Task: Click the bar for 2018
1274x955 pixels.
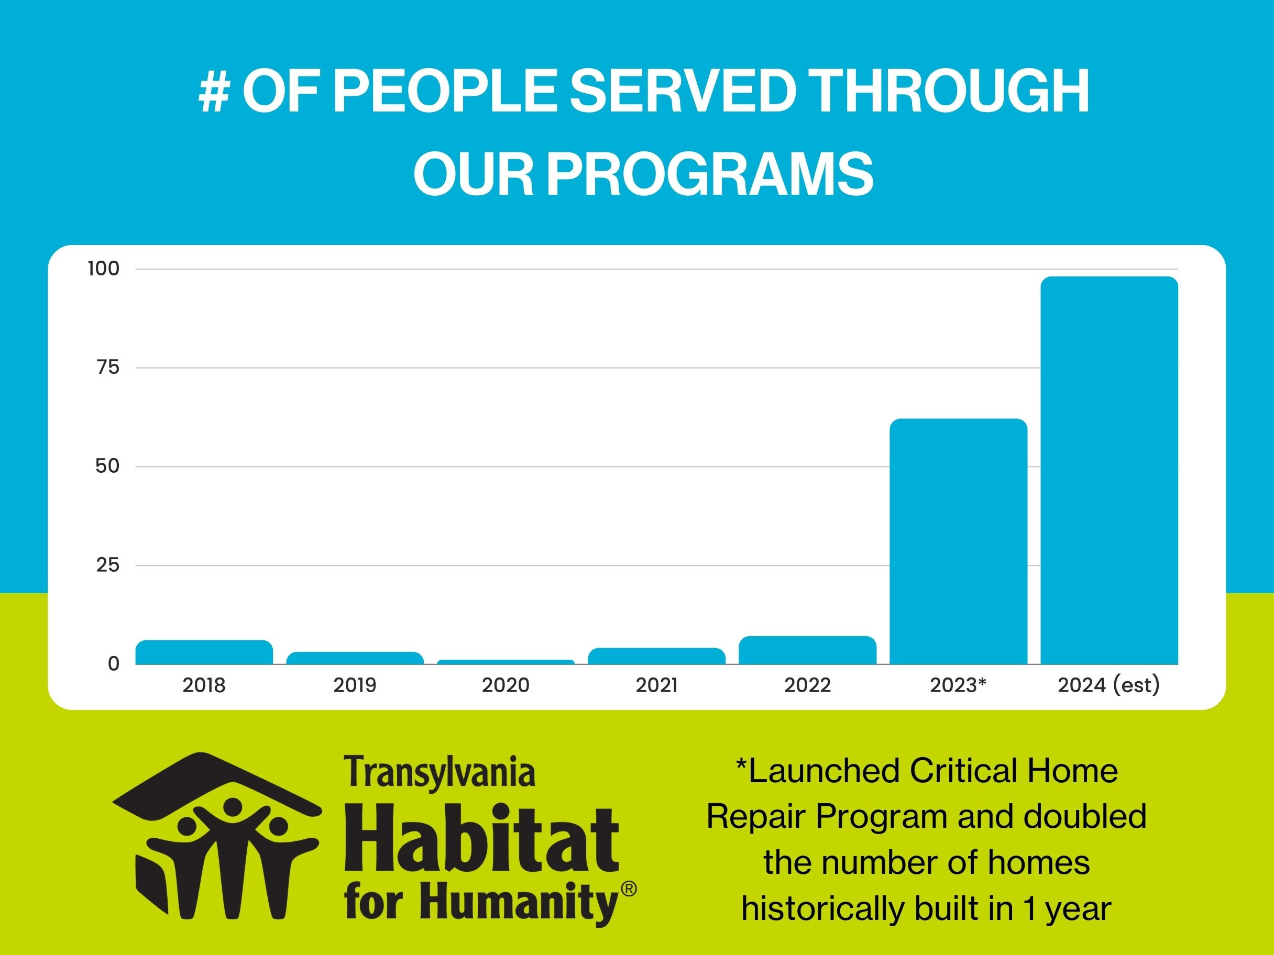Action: [204, 652]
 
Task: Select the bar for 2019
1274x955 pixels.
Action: [355, 658]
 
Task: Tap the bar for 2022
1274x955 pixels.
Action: [807, 650]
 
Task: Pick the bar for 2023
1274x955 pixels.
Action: [958, 541]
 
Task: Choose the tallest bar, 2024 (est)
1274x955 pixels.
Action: [1110, 470]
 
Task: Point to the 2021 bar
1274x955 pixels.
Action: [656, 656]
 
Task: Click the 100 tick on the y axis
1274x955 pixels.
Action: [104, 269]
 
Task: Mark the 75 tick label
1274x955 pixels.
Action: [108, 367]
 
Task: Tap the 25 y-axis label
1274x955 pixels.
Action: [108, 565]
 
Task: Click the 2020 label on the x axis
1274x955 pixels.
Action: [506, 685]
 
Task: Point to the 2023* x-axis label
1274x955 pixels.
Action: [958, 685]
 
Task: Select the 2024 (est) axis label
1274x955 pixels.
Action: [1108, 685]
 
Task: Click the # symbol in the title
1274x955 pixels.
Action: [214, 92]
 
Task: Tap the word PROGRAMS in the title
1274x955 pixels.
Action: [710, 174]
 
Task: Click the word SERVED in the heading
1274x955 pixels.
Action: [683, 92]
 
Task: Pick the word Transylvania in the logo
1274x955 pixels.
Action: [440, 773]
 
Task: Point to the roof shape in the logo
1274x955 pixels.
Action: [216, 783]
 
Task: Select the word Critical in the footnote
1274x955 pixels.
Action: [963, 771]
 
